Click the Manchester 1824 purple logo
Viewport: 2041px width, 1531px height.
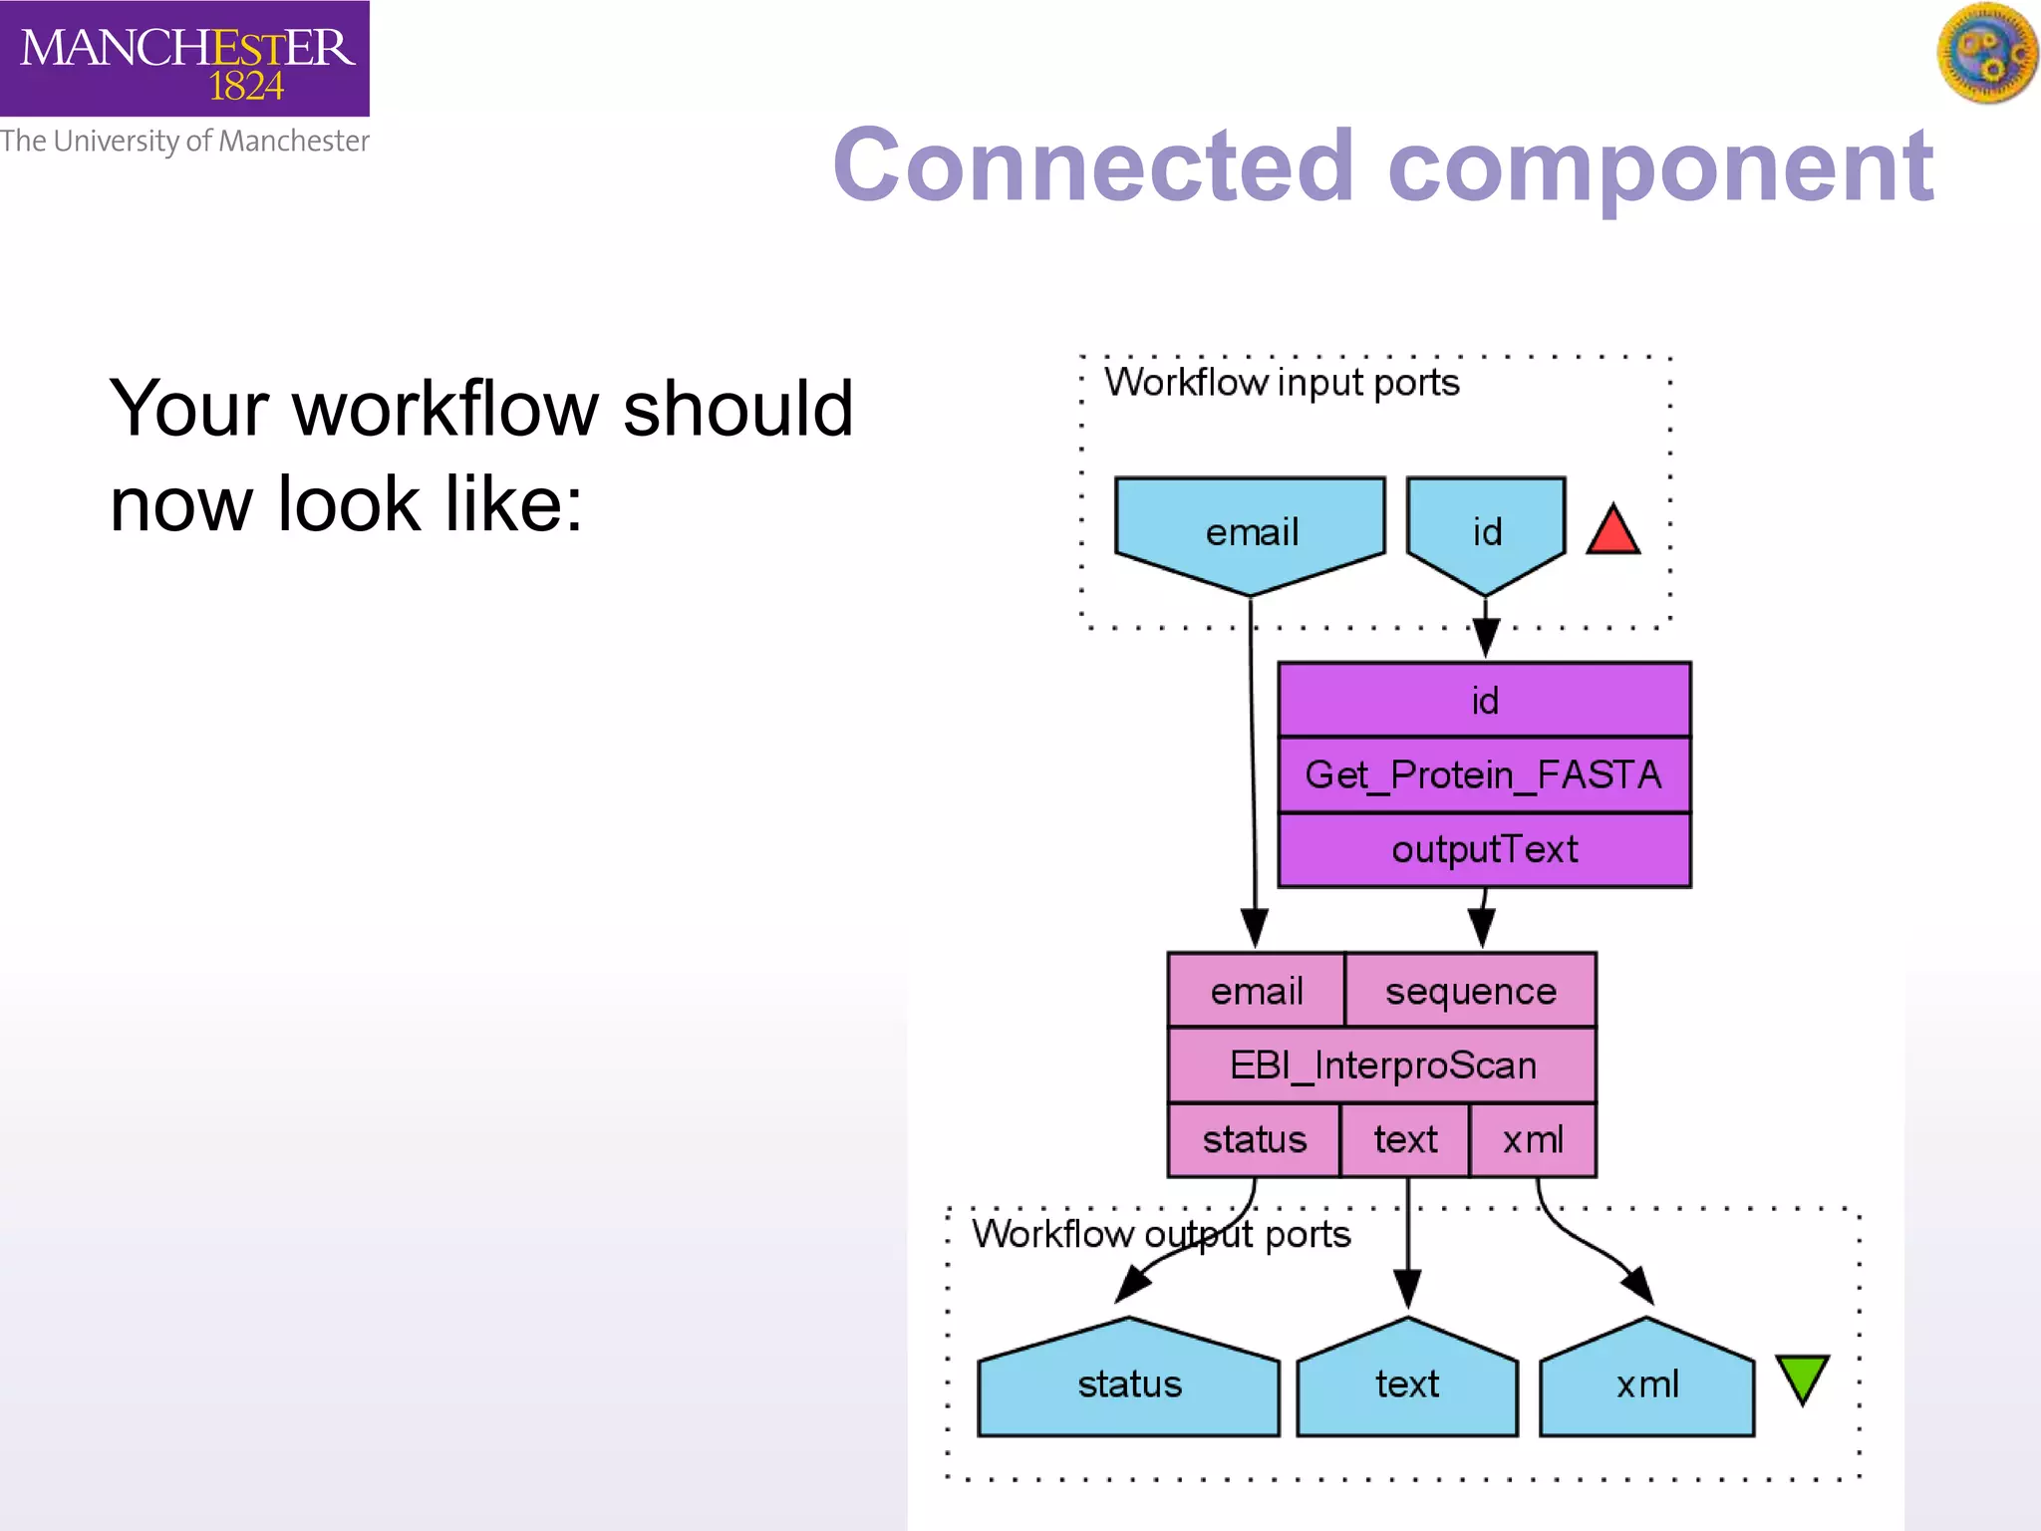point(184,58)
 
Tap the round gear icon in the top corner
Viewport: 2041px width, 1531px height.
point(1986,53)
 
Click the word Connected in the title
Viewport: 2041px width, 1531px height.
point(1093,165)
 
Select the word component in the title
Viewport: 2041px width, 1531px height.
point(1659,167)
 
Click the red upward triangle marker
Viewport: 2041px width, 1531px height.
point(1612,531)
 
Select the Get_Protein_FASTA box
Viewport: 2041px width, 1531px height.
point(1484,774)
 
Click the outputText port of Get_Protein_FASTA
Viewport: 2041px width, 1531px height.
point(1484,849)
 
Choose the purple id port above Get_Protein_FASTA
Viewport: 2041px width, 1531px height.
point(1484,700)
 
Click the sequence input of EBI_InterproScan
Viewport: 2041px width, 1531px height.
point(1470,991)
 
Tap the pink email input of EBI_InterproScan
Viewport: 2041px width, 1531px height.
point(1256,991)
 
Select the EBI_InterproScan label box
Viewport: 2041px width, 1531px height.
point(1382,1065)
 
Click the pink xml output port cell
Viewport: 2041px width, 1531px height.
point(1533,1139)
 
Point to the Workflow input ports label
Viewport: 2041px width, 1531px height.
point(1282,383)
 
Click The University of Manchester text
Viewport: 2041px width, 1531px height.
point(184,142)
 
